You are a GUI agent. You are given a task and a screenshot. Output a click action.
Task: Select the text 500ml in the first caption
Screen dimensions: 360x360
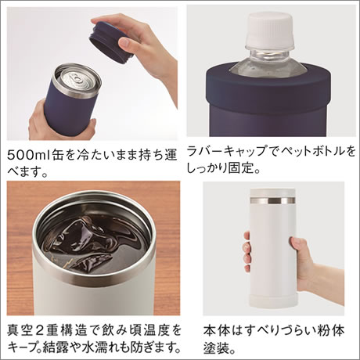(x=28, y=156)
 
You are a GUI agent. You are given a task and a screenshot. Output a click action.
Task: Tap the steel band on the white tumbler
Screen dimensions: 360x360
(x=272, y=200)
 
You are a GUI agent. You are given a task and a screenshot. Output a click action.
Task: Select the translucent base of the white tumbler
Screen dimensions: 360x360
(x=273, y=299)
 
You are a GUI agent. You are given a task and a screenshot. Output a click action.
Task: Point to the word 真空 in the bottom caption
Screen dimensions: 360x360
(x=20, y=330)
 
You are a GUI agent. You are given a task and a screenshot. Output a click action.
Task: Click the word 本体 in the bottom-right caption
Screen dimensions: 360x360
(x=216, y=330)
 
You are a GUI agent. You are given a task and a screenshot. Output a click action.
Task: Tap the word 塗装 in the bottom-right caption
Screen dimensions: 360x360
(x=216, y=347)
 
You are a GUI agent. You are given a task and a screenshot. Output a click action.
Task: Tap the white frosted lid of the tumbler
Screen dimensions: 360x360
(x=272, y=193)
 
